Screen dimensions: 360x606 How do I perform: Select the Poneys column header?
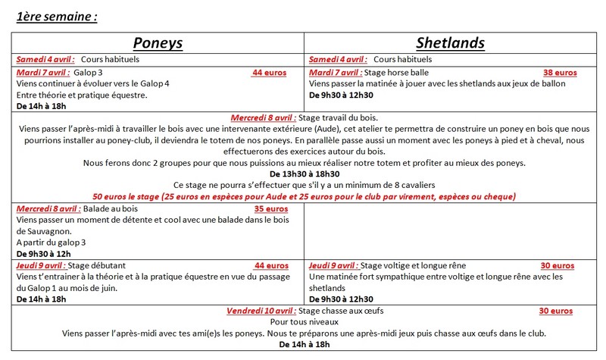pos(158,42)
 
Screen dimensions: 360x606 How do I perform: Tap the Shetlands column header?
pos(450,42)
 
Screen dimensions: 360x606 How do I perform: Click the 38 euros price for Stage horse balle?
pos(561,73)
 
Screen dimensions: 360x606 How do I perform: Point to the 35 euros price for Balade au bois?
pos(271,208)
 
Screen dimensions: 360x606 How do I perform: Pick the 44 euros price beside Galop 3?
pos(270,73)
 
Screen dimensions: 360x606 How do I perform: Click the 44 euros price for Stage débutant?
pos(271,265)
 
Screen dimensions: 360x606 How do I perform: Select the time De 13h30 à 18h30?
pos(303,174)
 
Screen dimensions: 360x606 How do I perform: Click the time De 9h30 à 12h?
pos(43,254)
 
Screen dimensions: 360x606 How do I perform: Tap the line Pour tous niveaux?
pos(303,322)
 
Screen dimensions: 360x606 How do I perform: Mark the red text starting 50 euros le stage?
pos(303,196)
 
